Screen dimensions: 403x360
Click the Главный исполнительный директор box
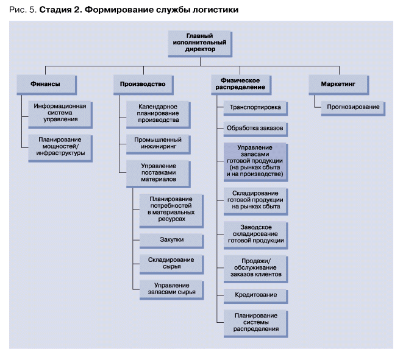200,44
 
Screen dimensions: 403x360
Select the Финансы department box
46,85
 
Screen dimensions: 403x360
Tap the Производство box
143,85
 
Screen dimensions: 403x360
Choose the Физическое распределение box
241,85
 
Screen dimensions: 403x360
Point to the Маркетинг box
339,85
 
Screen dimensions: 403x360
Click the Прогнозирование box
353,108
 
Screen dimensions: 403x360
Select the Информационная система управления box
60,115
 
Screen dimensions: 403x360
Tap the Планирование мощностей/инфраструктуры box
60,148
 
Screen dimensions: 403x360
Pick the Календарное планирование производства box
159,115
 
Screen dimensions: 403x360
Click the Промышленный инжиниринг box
159,144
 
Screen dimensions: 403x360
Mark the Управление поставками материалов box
159,174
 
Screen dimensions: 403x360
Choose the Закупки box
172,241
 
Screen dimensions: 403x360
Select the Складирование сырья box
172,264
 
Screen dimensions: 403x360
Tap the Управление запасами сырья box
172,290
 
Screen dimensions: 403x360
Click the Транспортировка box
255,108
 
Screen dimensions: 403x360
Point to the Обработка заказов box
255,129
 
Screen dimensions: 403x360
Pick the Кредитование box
255,296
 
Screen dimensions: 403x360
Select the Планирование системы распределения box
255,323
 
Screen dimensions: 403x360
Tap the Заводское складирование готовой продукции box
255,235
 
